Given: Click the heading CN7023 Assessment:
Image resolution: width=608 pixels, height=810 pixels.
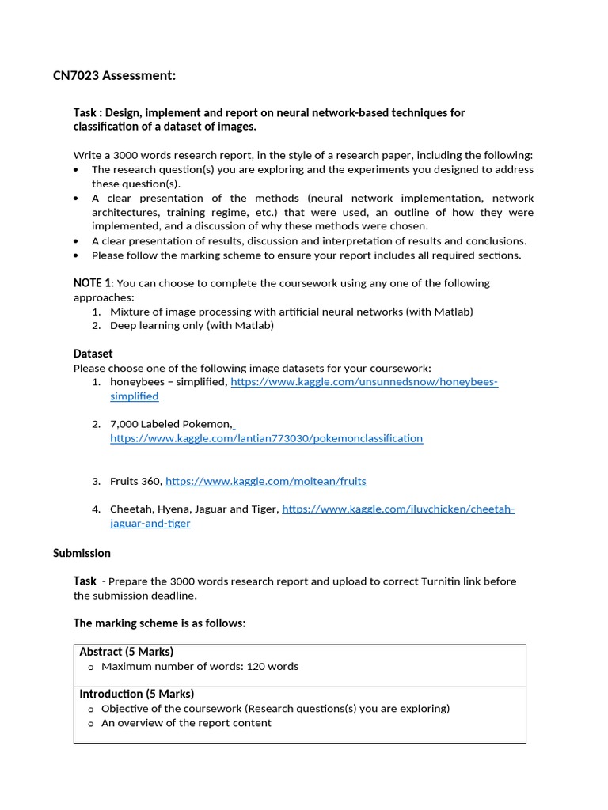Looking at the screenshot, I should tap(114, 75).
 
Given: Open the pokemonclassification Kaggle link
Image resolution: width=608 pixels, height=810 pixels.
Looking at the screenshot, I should tap(266, 438).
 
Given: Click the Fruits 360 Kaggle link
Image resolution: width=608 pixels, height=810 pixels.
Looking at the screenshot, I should tap(266, 481).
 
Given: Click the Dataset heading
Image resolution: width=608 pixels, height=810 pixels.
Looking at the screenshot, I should tap(93, 354).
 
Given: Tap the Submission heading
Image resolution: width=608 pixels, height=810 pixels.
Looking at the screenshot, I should tap(82, 553).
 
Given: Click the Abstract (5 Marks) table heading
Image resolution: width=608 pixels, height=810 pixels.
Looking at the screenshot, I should tap(127, 652).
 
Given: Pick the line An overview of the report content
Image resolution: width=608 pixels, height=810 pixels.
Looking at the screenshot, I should tap(186, 722).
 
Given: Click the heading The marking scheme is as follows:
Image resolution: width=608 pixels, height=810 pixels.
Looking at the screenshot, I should tap(160, 623).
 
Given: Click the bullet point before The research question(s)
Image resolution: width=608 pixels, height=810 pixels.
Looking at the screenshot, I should tap(76, 170).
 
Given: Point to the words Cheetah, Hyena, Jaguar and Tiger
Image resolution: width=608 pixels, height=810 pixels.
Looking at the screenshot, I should tap(194, 509).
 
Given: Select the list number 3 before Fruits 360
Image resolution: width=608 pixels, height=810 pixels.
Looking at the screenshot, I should tap(96, 481).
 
